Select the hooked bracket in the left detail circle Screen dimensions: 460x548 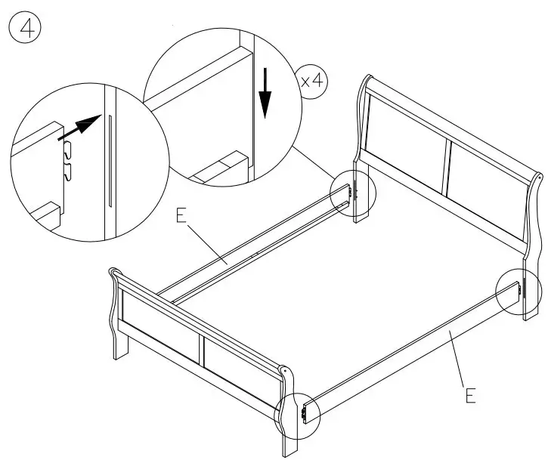pyautogui.click(x=66, y=161)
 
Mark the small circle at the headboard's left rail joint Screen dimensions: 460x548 pyautogui.click(x=353, y=195)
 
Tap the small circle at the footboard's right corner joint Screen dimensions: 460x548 pyautogui.click(x=299, y=414)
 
